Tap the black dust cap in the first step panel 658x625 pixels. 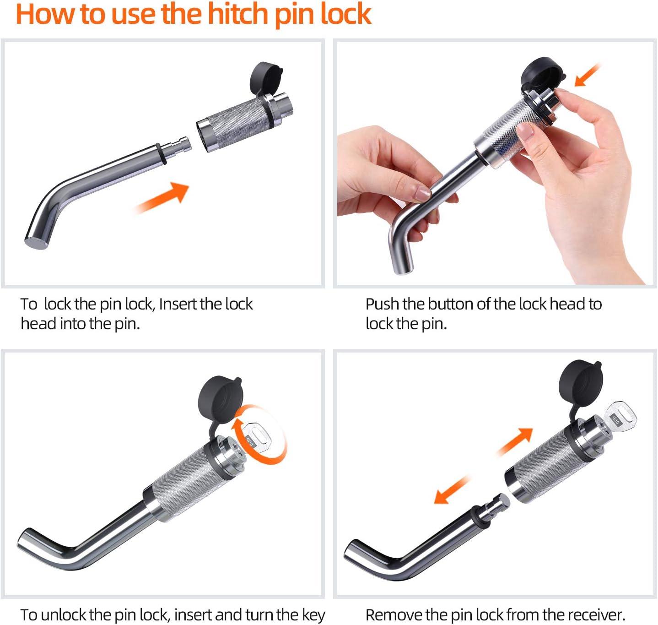click(265, 79)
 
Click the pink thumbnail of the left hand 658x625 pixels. click(423, 193)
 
